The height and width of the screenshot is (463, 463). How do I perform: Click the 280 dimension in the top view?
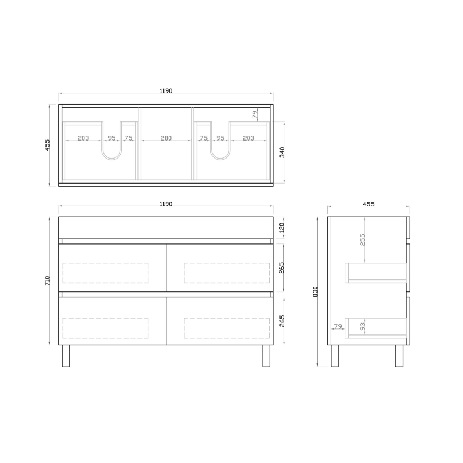point(166,138)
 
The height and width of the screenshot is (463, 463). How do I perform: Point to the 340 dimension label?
point(282,152)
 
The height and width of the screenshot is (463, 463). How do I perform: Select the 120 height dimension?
point(282,228)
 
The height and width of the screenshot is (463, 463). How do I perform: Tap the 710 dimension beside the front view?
point(48,281)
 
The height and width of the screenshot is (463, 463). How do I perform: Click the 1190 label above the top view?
point(166,91)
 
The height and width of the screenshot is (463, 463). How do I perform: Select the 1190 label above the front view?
point(166,204)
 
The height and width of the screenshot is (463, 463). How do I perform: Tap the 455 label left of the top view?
point(48,144)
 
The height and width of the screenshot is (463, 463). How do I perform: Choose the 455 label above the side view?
point(369,204)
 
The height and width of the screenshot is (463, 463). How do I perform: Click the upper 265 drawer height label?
point(282,268)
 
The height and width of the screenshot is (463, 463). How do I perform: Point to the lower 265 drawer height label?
point(282,321)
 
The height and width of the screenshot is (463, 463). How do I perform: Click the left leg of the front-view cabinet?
point(66,356)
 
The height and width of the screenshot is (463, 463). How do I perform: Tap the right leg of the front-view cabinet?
point(266,356)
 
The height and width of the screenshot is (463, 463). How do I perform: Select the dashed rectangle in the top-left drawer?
point(106,273)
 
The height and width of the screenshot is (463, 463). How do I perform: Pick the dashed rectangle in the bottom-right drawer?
point(227,328)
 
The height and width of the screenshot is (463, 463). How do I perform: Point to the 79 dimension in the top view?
point(254,114)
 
